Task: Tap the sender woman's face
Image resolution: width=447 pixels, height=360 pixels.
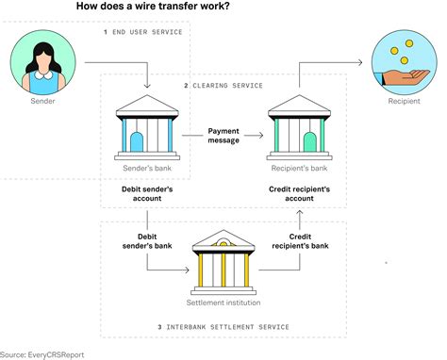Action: click(41, 56)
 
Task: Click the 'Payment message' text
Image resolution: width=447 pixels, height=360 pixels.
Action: click(223, 136)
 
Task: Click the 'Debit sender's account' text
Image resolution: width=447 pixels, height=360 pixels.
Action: click(147, 194)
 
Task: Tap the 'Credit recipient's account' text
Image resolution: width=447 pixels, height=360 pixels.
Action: click(299, 194)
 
